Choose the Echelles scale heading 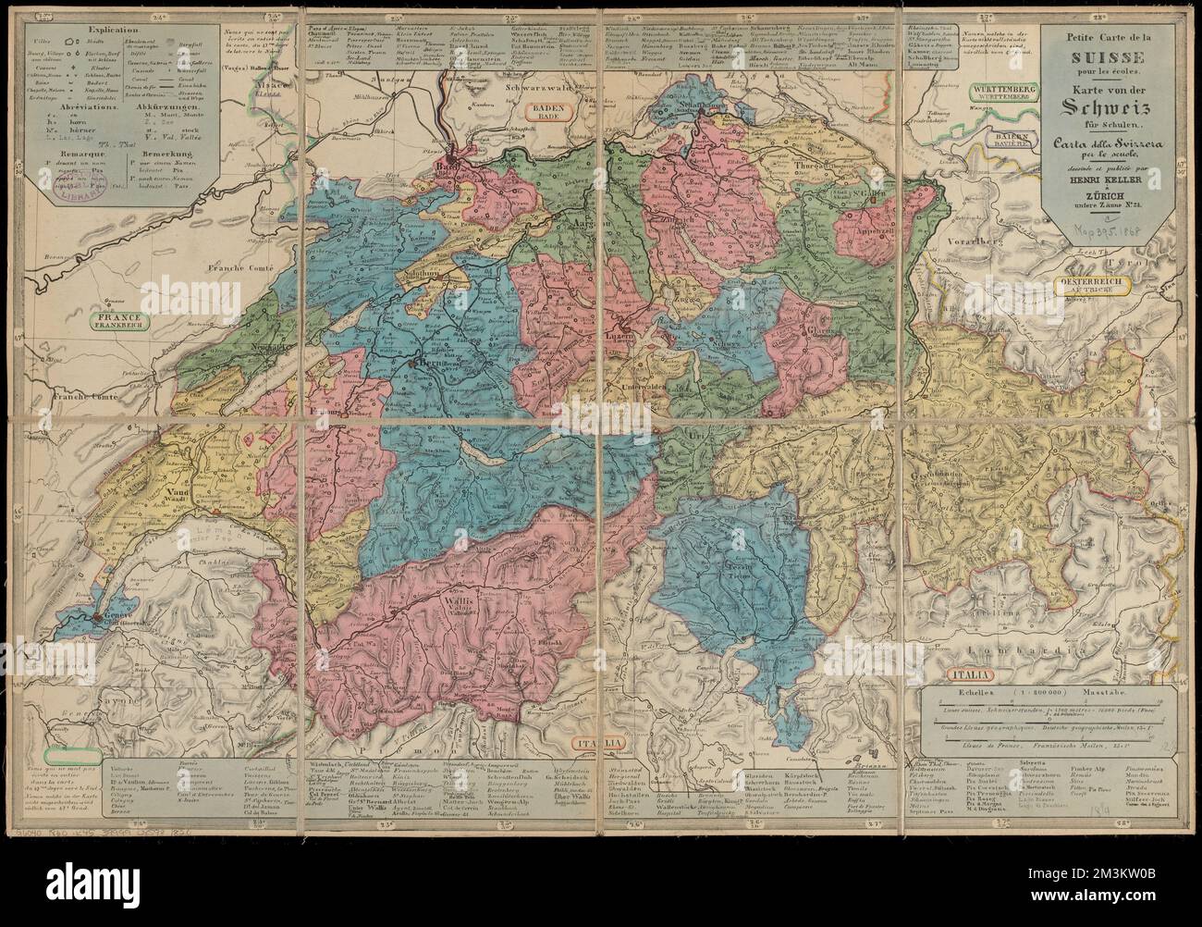click(x=966, y=690)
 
